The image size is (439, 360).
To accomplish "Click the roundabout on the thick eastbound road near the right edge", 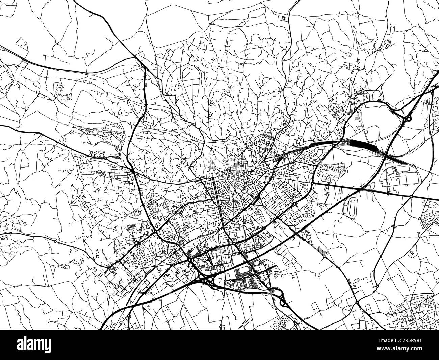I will point(411,196).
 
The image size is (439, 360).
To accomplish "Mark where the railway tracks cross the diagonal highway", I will point(385,154).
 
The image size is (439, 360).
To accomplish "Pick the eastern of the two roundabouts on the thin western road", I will point(55,241).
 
